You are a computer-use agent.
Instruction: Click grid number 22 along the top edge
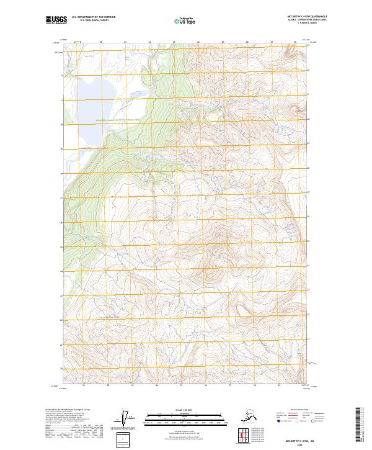tap(100, 42)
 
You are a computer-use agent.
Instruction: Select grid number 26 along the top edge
tap(198, 42)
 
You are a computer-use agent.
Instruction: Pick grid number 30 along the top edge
tap(295, 42)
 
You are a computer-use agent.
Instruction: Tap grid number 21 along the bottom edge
tap(84, 385)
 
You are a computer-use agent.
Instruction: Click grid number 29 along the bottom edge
tap(279, 385)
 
